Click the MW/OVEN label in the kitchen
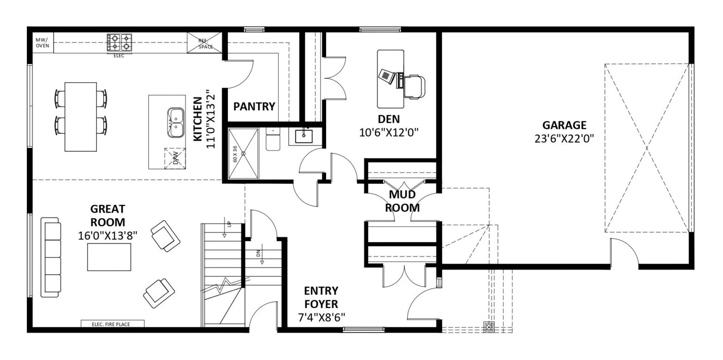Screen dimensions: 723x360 42,43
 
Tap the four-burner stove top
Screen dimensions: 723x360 119,43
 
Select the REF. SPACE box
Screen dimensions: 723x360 204,43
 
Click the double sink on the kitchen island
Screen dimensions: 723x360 176,123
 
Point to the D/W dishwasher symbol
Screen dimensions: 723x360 175,158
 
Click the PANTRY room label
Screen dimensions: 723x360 254,106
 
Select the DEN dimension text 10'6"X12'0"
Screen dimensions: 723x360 389,133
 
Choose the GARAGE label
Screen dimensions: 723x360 564,125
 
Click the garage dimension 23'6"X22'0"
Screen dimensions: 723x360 564,139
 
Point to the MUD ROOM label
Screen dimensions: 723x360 402,201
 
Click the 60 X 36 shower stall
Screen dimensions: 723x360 243,153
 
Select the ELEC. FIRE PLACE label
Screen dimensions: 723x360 111,324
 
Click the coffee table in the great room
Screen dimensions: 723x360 109,257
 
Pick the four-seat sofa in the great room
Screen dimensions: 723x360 50,257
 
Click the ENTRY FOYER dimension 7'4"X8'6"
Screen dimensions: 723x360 321,317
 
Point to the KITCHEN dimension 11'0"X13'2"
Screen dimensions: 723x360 210,119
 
